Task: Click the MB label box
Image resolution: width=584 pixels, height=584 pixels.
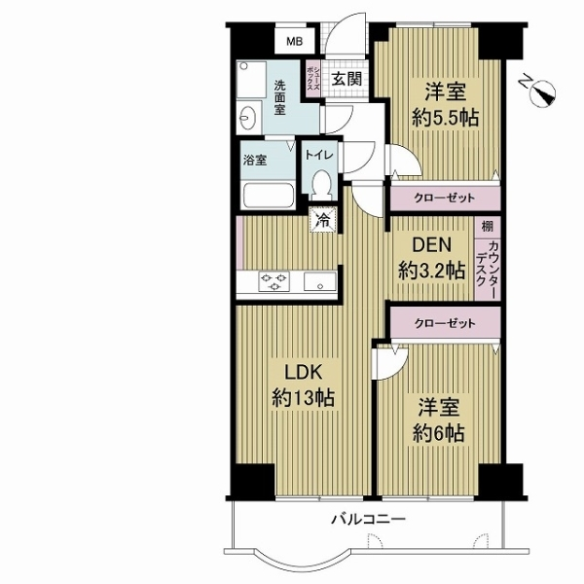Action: tap(292, 42)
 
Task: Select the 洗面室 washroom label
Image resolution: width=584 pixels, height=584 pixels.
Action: tap(280, 97)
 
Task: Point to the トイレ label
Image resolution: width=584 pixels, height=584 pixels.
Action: tap(320, 155)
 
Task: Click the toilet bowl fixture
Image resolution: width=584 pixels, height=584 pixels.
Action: tap(321, 185)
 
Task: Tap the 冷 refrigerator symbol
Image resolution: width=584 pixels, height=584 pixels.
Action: tap(321, 219)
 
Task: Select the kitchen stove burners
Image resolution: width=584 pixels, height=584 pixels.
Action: tap(273, 282)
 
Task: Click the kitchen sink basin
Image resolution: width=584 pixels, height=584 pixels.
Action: tap(317, 282)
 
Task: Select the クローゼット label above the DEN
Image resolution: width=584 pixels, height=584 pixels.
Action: tap(444, 198)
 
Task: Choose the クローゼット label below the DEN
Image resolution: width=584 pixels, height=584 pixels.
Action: tap(444, 322)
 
